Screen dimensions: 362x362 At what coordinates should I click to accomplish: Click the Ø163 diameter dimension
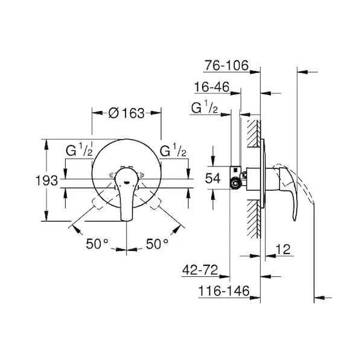coord(127,113)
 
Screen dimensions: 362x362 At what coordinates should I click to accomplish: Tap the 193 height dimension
coord(46,180)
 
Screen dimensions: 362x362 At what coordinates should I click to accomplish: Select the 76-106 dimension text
coord(227,65)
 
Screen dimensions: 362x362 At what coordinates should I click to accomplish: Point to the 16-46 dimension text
coord(212,87)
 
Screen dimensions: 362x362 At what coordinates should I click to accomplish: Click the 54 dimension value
coord(213,178)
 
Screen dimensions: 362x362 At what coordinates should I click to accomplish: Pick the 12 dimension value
coord(283,249)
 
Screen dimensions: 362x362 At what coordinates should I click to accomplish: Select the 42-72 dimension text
coord(200,270)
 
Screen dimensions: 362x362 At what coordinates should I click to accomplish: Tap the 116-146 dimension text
coord(224,291)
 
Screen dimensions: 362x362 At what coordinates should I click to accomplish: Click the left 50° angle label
coord(97,244)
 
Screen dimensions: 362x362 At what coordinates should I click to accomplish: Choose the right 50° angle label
coord(157,244)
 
